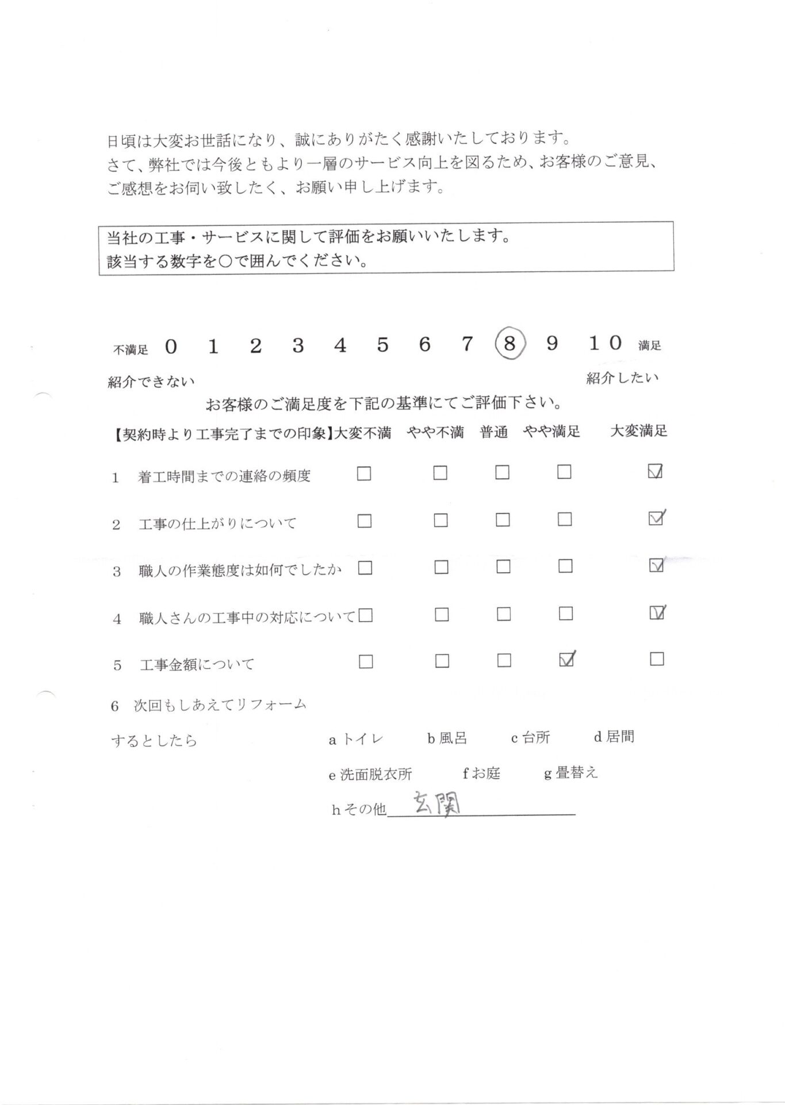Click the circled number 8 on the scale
pyautogui.click(x=508, y=345)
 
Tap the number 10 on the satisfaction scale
pyautogui.click(x=605, y=344)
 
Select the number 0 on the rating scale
pyautogui.click(x=170, y=346)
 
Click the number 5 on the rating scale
pyautogui.click(x=382, y=345)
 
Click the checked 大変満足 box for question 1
pyautogui.click(x=655, y=472)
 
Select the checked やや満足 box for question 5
pyautogui.click(x=566, y=660)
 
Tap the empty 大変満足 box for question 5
pyautogui.click(x=657, y=658)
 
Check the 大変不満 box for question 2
pyautogui.click(x=364, y=521)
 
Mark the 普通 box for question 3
pyautogui.click(x=503, y=567)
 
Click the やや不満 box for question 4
pyautogui.click(x=442, y=615)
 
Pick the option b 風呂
pyautogui.click(x=447, y=738)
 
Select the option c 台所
pyautogui.click(x=530, y=738)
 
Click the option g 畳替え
pyautogui.click(x=571, y=773)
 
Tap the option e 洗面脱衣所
pyautogui.click(x=370, y=775)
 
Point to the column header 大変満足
pyautogui.click(x=638, y=431)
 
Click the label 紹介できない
pyautogui.click(x=151, y=382)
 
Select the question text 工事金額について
pyautogui.click(x=197, y=665)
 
